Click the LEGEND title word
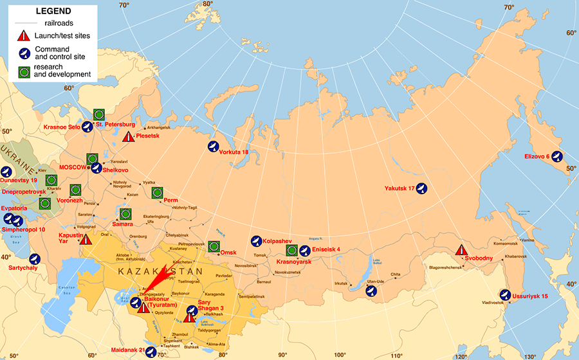pyautogui.click(x=53, y=12)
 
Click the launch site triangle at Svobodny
pyautogui.click(x=461, y=251)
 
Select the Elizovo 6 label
pyautogui.click(x=537, y=156)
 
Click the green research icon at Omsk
pyautogui.click(x=214, y=247)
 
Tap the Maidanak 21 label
pyautogui.click(x=129, y=350)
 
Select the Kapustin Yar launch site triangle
pyautogui.click(x=85, y=239)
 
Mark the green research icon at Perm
pyautogui.click(x=157, y=193)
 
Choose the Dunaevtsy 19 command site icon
pyautogui.click(x=6, y=172)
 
